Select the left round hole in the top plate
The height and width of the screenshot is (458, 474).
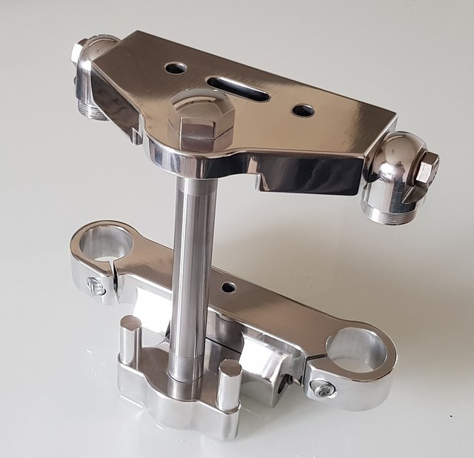(176, 68)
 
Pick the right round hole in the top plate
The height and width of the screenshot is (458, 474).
(303, 110)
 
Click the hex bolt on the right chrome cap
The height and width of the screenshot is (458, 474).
(427, 171)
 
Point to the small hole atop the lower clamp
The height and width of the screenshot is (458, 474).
(229, 287)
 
